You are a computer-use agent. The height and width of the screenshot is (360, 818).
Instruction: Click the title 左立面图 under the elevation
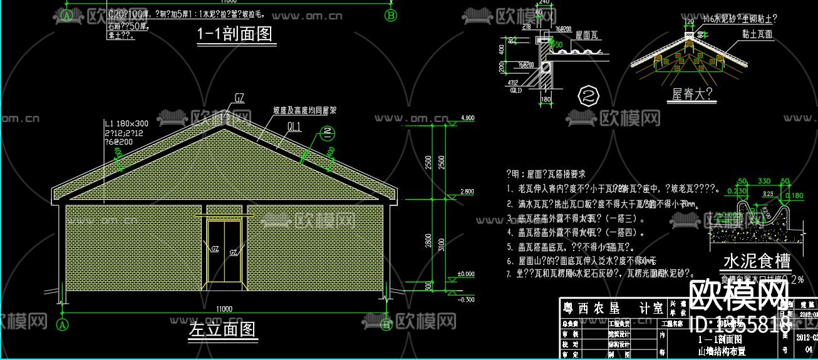(223, 329)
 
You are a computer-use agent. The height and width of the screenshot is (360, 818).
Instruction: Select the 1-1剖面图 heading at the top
(236, 34)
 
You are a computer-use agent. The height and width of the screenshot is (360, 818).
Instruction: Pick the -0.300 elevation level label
(467, 300)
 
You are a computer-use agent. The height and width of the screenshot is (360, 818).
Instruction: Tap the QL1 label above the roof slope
(294, 128)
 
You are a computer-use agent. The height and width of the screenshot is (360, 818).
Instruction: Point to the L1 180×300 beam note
(127, 123)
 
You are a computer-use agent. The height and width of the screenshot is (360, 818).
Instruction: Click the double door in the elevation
(223, 250)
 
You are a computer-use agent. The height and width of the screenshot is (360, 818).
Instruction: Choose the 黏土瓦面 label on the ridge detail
(757, 34)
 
